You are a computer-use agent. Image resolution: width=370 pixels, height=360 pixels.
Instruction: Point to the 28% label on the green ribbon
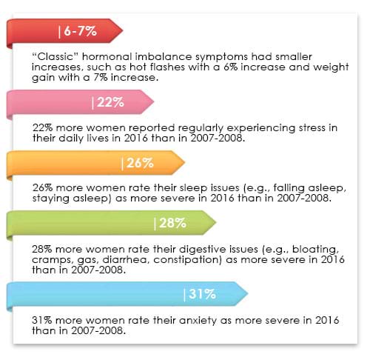coord(170,223)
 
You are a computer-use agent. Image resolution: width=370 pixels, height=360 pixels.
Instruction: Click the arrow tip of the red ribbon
coord(121,31)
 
